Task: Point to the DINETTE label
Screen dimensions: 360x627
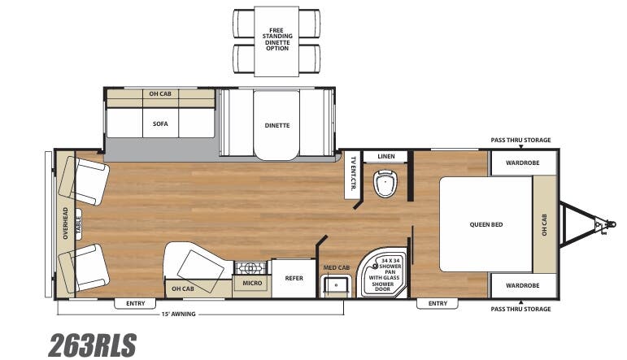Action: (276, 125)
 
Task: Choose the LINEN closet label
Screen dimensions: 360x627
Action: (385, 155)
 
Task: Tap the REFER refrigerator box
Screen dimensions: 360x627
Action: (294, 278)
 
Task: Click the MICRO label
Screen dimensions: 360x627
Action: (250, 284)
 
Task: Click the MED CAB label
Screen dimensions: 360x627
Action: (336, 267)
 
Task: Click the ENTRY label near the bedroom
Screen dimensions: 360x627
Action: (438, 304)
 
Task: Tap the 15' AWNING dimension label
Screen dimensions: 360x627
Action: (179, 314)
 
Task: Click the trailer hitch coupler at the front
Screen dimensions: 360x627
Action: (602, 223)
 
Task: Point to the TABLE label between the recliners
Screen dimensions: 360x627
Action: (79, 224)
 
